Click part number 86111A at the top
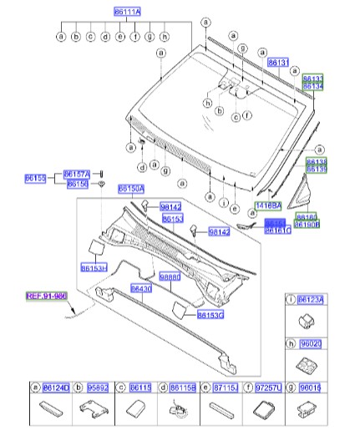click(x=127, y=11)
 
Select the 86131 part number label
click(x=277, y=63)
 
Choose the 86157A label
click(x=77, y=172)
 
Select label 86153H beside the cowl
click(x=94, y=269)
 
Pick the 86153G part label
click(x=209, y=315)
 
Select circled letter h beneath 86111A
click(x=165, y=38)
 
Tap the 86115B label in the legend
click(x=183, y=388)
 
